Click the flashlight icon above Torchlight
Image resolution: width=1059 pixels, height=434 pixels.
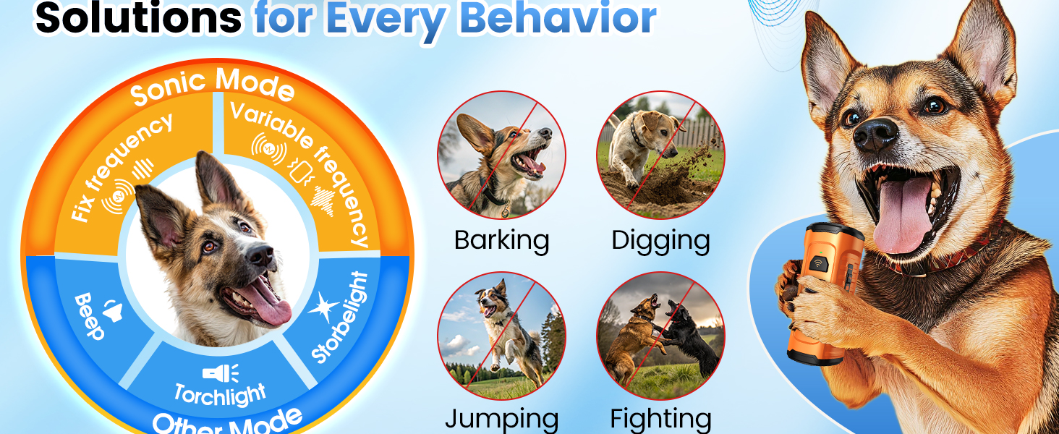[221, 373]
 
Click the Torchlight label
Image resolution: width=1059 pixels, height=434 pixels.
[219, 395]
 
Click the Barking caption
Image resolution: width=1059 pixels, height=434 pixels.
[501, 240]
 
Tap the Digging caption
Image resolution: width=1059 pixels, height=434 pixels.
[660, 240]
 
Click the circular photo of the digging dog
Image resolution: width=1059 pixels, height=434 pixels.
[660, 155]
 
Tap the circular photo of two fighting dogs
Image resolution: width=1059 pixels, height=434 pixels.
[660, 336]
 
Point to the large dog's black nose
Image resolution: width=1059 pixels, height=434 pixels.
[875, 132]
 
